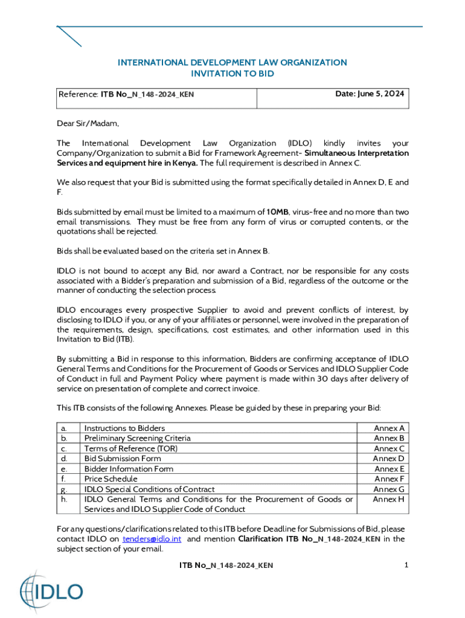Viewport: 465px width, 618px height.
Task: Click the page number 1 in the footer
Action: pyautogui.click(x=407, y=565)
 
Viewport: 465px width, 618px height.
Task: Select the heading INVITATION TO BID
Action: pyautogui.click(x=232, y=74)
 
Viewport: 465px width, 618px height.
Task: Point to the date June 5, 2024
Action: pyautogui.click(x=370, y=94)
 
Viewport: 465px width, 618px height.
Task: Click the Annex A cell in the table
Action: pyautogui.click(x=390, y=428)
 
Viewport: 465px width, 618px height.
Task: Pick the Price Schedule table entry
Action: pyautogui.click(x=111, y=479)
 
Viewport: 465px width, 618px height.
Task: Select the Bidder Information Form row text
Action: pyautogui.click(x=129, y=468)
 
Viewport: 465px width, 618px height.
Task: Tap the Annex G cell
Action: pyautogui.click(x=390, y=489)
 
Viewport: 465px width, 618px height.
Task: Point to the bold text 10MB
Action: pyautogui.click(x=278, y=212)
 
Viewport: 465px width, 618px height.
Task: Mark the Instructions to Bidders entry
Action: pyautogui.click(x=124, y=428)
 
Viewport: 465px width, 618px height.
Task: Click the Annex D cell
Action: pyautogui.click(x=390, y=459)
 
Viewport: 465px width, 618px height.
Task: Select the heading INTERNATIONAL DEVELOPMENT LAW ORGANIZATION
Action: pyautogui.click(x=232, y=62)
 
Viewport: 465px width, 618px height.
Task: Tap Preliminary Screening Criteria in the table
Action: pyautogui.click(x=137, y=438)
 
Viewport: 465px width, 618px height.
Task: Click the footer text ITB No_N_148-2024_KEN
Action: pyautogui.click(x=226, y=565)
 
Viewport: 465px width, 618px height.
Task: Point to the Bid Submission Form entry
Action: pyautogui.click(x=123, y=459)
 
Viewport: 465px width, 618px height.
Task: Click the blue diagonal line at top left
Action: pyautogui.click(x=69, y=36)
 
